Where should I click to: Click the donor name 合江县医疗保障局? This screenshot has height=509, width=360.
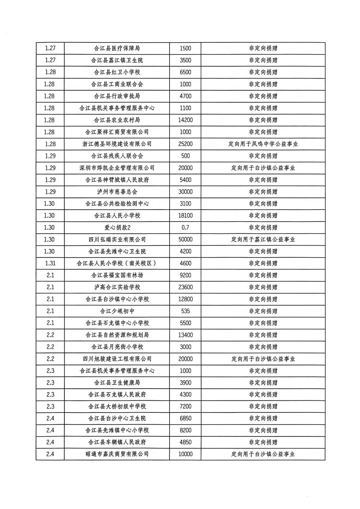point(117,48)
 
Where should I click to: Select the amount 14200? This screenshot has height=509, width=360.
point(185,120)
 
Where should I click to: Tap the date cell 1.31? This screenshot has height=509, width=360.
point(50,263)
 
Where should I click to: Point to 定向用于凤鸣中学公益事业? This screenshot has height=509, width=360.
point(263,144)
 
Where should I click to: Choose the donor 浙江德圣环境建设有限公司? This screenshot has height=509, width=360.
point(117,144)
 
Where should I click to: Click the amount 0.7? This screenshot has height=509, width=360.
point(185,228)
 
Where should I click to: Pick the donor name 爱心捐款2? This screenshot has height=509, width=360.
point(117,228)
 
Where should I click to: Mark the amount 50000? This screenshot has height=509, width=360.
point(185,240)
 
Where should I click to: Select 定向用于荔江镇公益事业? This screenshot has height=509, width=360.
point(263,240)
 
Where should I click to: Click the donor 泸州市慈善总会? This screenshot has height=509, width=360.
point(117,192)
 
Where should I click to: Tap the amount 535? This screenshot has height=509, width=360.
point(185,311)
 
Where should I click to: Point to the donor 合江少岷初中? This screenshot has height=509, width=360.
point(117,311)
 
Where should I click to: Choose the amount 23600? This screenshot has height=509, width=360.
point(185,287)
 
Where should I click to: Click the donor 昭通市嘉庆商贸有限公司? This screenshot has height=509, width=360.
point(117,454)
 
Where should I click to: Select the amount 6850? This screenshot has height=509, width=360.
point(185,418)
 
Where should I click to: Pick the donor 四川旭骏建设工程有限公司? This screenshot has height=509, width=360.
point(117,359)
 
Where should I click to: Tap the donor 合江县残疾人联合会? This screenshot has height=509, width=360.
point(117,156)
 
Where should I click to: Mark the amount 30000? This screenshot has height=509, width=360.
point(185,192)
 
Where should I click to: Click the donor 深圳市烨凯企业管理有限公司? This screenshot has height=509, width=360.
point(117,168)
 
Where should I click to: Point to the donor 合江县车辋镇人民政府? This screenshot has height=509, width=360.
point(117,442)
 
